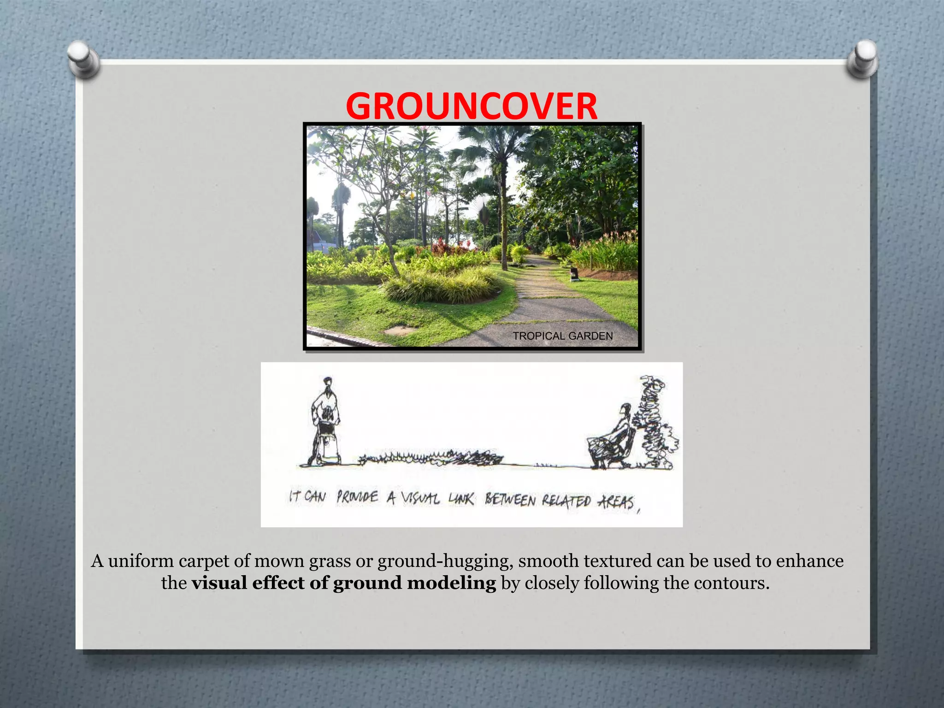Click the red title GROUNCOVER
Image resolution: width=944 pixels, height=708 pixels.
pos(471,106)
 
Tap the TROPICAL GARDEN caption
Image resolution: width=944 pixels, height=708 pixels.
pos(563,336)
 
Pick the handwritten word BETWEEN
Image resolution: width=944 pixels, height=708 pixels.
pos(510,500)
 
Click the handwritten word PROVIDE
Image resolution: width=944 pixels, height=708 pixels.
pos(357,498)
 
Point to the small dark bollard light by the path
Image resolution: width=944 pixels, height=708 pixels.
pos(574,274)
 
